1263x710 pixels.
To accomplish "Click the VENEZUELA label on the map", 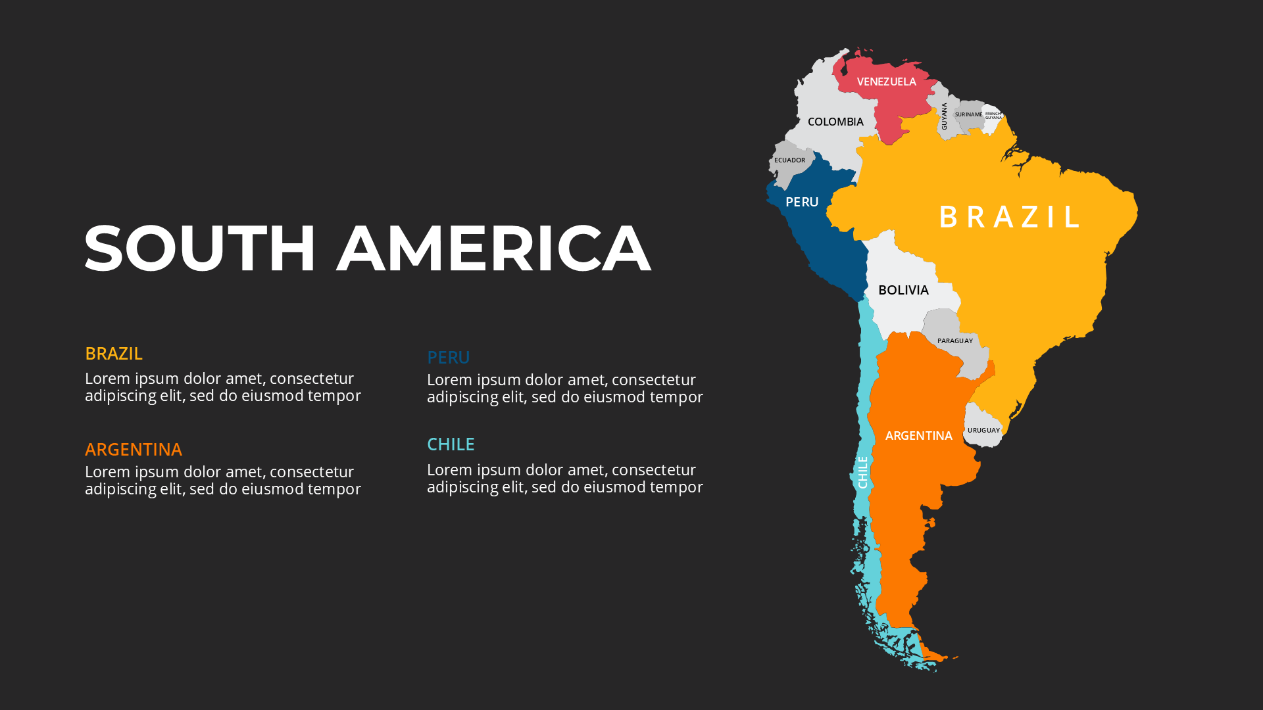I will [x=886, y=82].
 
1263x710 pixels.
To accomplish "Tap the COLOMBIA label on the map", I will [x=835, y=122].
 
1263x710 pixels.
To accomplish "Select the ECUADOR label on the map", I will [x=789, y=160].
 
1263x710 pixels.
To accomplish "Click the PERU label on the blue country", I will [x=802, y=202].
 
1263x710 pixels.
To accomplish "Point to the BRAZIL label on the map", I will [x=1010, y=217].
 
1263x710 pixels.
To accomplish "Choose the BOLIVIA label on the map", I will [x=903, y=290].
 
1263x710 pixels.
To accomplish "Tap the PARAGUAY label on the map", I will [x=954, y=341].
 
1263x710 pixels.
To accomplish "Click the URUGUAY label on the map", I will [x=983, y=430].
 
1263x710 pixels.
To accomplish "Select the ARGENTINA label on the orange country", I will [x=918, y=435].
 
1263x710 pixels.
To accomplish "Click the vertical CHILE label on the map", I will [x=862, y=472].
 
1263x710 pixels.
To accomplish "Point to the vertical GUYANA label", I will [x=944, y=116].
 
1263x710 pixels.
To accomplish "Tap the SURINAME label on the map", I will [x=968, y=114].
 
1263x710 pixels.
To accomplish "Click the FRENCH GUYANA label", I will [x=993, y=116].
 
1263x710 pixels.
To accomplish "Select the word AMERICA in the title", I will [x=493, y=248].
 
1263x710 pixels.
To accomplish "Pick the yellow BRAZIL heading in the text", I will [x=114, y=353].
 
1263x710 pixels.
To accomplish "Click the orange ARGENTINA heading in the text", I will [x=134, y=449].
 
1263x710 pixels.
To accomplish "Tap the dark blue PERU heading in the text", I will [x=449, y=357].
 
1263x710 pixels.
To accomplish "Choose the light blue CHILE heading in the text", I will [x=451, y=444].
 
